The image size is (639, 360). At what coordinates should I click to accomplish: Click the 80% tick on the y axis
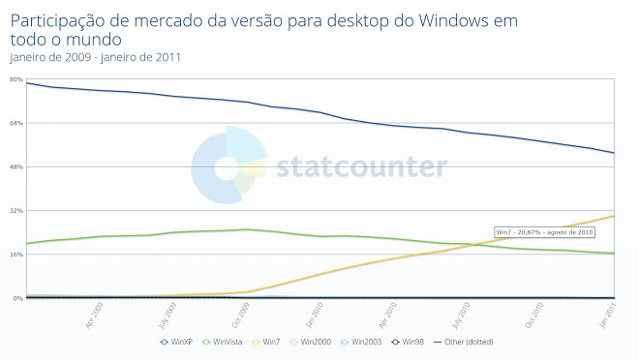pos(16,79)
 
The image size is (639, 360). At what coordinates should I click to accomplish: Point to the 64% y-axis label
pos(16,123)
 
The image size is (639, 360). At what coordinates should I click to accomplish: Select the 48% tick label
pos(16,166)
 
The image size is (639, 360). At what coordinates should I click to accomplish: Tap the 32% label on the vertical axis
pos(16,210)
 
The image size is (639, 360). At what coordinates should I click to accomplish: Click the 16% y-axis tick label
pos(16,255)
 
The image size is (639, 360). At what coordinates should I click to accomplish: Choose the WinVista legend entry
pos(225,342)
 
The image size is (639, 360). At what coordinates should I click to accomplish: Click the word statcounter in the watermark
pos(361,167)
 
